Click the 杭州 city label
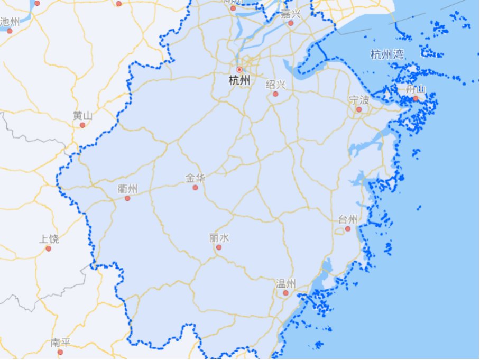coord(239,80)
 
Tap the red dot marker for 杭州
coord(239,69)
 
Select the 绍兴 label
coord(275,85)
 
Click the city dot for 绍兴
coord(275,94)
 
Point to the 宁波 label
coord(359,100)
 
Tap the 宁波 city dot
coord(359,109)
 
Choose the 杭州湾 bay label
coord(387,54)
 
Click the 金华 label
coord(195,178)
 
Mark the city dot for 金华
coord(195,188)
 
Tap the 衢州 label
coord(127,189)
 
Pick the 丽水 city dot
coord(218,247)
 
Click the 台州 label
coord(348,219)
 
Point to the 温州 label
coord(285,283)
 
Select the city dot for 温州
coord(285,293)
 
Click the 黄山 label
coord(82,116)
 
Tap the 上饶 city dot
coord(48,248)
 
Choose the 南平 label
coord(60,343)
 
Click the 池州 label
coord(10,21)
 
